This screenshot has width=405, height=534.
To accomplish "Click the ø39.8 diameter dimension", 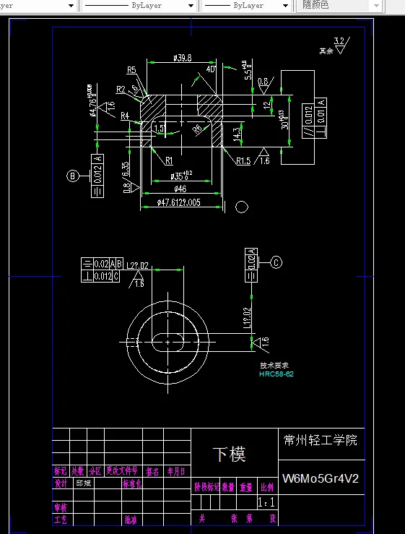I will pos(183,58).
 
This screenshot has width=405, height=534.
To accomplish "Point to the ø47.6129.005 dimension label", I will pos(179,204).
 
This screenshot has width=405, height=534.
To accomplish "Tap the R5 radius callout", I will pos(131,70).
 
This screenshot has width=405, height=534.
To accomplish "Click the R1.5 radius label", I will pos(243,161).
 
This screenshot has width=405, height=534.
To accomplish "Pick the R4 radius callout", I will pos(125,116).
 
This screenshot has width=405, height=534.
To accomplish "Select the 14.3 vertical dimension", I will pos(237,134).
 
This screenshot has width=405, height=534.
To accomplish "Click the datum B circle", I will pos(72,175).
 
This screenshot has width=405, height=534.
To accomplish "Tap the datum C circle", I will pos(276,262).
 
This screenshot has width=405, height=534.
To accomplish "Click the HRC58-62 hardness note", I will pos(276,374).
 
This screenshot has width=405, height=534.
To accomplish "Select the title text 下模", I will pos(229,455).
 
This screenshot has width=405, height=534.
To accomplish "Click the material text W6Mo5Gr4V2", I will pos(321,478).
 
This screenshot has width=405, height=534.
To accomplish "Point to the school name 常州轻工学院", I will pos(321,440).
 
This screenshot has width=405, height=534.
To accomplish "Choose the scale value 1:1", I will pos(266,501).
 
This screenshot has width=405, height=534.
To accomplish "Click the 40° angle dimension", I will pos(211,69).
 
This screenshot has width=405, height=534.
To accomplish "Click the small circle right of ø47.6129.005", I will pos(242,207).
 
